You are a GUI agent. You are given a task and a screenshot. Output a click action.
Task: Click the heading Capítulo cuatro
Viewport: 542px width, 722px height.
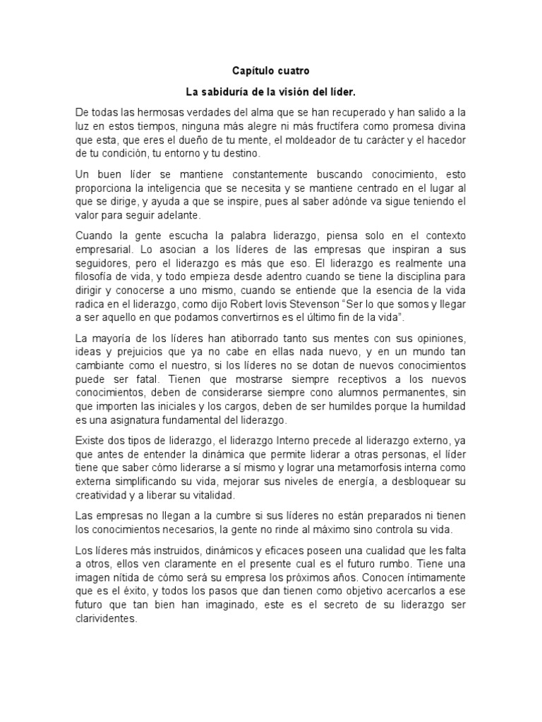[x=270, y=71]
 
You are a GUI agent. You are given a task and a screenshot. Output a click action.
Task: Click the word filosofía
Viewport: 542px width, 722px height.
[x=97, y=276]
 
